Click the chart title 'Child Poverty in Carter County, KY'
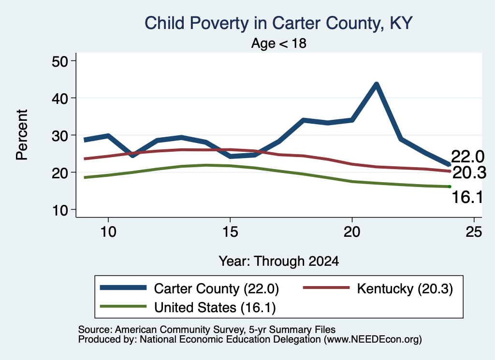[278, 23]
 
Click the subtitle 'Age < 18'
[279, 43]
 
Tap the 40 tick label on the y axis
[60, 98]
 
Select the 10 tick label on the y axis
[60, 210]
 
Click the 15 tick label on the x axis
[230, 232]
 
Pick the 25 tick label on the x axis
[474, 232]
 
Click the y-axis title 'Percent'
[22, 135]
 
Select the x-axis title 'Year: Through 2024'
[279, 261]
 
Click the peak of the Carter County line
[376, 84]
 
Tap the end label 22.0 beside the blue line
[467, 157]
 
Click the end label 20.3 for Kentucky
[469, 173]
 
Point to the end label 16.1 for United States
[467, 198]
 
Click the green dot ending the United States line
[450, 187]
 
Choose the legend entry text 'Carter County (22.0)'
[216, 288]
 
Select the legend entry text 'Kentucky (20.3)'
[405, 288]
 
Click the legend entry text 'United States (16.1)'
[215, 308]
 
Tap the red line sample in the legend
[326, 288]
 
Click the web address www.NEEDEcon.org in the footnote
[373, 340]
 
